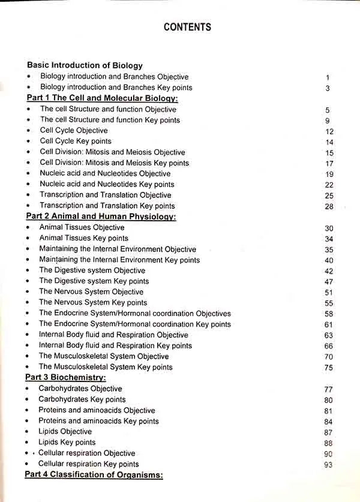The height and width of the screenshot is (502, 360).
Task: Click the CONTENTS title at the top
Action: point(187,27)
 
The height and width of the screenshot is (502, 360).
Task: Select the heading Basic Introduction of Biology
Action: point(85,65)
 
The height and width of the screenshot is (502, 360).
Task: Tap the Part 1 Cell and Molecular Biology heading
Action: point(102,98)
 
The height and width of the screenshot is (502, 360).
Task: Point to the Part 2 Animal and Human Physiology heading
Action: point(101,217)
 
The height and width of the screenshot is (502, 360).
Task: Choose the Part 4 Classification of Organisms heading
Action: point(94,475)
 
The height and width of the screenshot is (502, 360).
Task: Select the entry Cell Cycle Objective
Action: point(74,131)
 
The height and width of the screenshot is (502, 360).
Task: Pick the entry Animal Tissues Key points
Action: point(84,238)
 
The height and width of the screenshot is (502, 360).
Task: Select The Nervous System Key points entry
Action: point(93,303)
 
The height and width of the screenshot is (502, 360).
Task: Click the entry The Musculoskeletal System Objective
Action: point(104,356)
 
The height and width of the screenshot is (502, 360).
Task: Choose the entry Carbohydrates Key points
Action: point(82,399)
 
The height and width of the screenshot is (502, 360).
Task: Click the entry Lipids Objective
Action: point(65,432)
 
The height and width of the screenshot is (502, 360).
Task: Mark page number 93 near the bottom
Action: point(328,465)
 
